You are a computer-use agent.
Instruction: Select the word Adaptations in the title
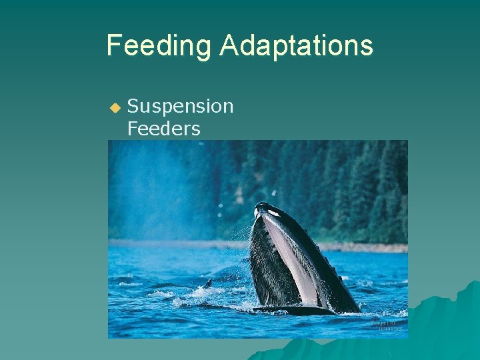pyautogui.click(x=296, y=45)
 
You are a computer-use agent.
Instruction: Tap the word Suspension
pyautogui.click(x=180, y=106)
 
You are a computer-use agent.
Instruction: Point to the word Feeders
pyautogui.click(x=163, y=129)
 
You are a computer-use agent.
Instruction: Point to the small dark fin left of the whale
pyautogui.click(x=208, y=283)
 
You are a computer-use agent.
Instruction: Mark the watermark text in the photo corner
pyautogui.click(x=387, y=325)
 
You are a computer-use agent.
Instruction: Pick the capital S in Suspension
pyautogui.click(x=132, y=106)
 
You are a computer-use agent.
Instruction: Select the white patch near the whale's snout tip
pyautogui.click(x=273, y=213)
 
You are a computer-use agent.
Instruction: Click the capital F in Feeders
pyautogui.click(x=132, y=129)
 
